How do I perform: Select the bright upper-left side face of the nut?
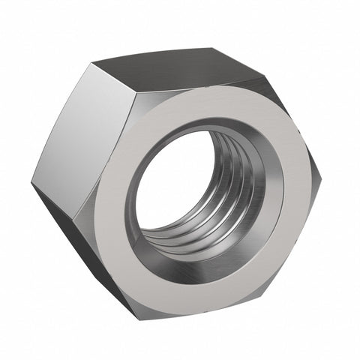click(x=90, y=135)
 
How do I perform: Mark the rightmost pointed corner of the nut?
click(x=324, y=174)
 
